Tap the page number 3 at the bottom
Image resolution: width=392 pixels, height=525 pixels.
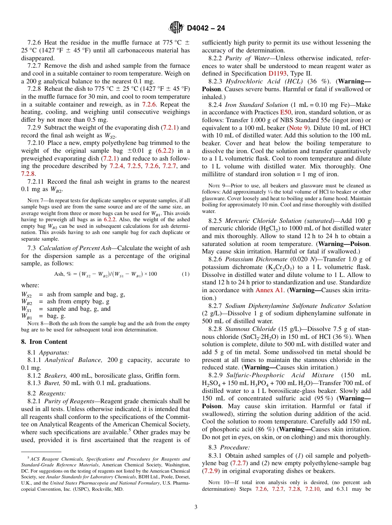pyautogui.click(x=196, y=507)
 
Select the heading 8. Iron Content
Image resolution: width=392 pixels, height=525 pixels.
pyautogui.click(x=44, y=341)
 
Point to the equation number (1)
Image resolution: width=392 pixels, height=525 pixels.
pyautogui.click(x=186, y=274)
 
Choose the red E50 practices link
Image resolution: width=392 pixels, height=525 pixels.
pyautogui.click(x=285, y=112)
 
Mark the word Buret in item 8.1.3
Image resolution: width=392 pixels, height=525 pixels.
pyautogui.click(x=52, y=383)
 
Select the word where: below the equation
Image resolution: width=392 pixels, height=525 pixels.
pyautogui.click(x=30, y=285)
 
